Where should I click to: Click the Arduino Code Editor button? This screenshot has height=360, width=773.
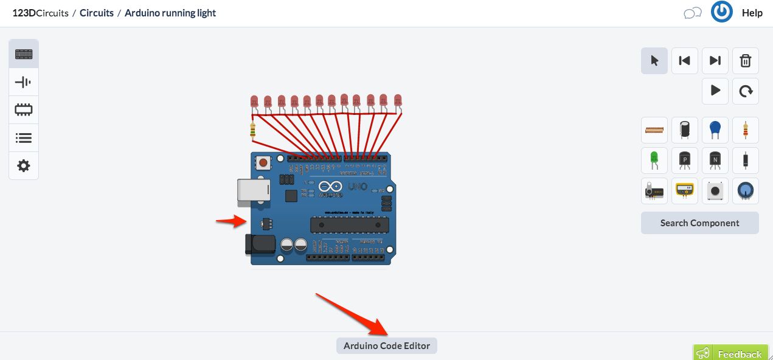(x=387, y=346)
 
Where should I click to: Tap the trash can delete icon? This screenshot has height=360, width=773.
(x=745, y=61)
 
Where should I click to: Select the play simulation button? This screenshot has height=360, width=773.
(x=715, y=91)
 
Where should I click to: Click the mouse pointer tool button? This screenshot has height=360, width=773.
(x=654, y=61)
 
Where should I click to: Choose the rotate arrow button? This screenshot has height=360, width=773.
(x=745, y=91)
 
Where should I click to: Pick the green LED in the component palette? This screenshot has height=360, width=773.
(x=654, y=160)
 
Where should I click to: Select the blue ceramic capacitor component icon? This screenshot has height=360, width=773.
(x=715, y=130)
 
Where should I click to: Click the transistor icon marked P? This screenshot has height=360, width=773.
(x=685, y=160)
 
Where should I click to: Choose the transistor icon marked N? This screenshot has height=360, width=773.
(x=715, y=160)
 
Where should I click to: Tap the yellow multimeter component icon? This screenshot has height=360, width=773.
(x=685, y=190)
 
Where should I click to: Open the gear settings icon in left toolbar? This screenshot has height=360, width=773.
(x=24, y=165)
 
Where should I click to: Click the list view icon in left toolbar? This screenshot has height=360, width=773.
(x=24, y=137)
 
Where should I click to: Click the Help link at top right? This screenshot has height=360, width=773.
(x=752, y=13)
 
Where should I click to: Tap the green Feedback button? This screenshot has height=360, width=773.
(x=733, y=353)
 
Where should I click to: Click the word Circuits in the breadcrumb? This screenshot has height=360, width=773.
(x=97, y=13)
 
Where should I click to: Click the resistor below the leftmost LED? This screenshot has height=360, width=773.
(x=253, y=129)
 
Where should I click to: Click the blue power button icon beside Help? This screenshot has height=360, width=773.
(x=722, y=12)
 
